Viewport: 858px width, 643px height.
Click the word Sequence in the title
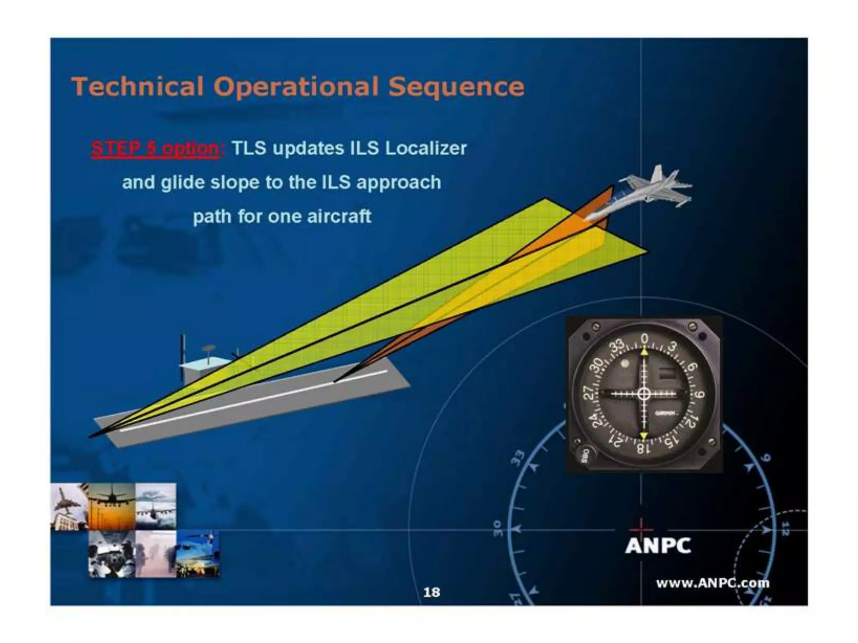point(456,87)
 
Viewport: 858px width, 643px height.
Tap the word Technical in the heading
point(138,87)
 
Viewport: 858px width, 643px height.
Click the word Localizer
point(425,149)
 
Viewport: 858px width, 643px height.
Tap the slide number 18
point(432,592)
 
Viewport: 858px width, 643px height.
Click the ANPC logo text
point(658,545)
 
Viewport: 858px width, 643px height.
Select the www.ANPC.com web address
point(712,583)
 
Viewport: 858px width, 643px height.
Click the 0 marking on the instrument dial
point(645,338)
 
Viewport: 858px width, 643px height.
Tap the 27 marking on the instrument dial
point(589,393)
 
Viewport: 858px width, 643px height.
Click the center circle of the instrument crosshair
point(644,394)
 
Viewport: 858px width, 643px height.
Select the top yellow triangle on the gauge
point(644,353)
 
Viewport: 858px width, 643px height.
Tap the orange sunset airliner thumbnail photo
point(112,506)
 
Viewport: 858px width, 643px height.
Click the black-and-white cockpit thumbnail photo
point(112,554)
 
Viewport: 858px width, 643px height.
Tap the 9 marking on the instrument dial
point(699,394)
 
